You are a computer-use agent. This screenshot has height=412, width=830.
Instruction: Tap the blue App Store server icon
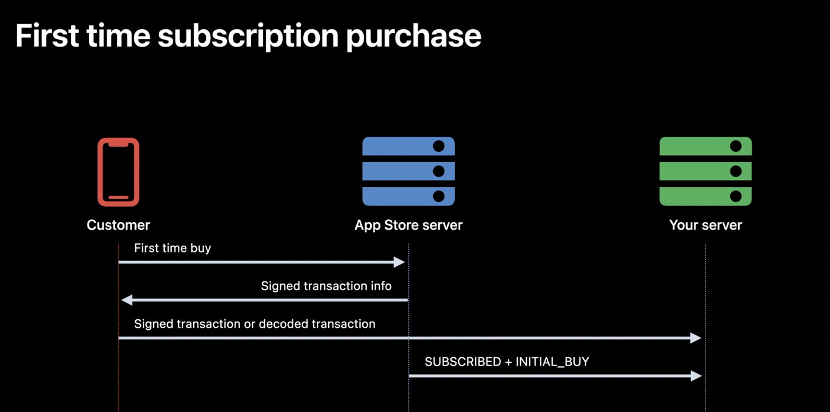[x=408, y=171]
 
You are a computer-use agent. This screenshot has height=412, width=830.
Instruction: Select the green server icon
[x=705, y=171]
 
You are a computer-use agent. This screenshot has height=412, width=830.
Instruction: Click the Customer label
[x=118, y=225]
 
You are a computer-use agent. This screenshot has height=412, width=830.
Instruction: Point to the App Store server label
[x=408, y=225]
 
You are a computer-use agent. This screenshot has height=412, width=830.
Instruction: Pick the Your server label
[x=705, y=225]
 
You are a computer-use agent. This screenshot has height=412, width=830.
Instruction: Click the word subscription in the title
[x=248, y=37]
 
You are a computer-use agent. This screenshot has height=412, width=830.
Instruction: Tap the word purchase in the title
[x=413, y=37]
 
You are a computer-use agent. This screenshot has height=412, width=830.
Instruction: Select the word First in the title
[x=47, y=35]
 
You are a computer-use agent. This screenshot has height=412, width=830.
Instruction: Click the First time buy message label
[x=172, y=248]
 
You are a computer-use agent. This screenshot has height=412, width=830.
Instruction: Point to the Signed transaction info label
[x=326, y=286]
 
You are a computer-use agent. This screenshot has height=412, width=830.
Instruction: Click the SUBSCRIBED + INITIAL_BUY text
[x=507, y=362]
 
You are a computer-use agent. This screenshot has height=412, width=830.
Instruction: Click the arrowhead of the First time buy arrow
[x=399, y=262]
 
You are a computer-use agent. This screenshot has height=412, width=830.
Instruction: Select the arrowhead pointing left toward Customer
[x=127, y=300]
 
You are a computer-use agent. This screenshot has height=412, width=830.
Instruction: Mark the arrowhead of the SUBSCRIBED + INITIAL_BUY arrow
[x=696, y=375]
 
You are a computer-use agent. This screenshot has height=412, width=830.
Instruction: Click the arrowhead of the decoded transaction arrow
[x=696, y=338]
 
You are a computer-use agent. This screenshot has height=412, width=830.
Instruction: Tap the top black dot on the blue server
[x=439, y=146]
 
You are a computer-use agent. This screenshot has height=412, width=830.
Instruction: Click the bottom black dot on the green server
[x=736, y=196]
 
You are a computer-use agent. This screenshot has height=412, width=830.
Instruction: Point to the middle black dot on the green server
[x=736, y=171]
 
